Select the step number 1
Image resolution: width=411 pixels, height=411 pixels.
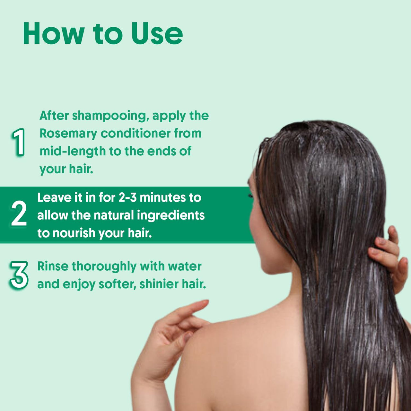pos(19,142)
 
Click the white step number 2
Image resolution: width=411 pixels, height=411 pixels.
pos(19,213)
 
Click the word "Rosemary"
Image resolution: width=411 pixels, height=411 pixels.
pos(68,134)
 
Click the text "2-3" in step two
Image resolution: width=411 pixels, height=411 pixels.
pos(127,197)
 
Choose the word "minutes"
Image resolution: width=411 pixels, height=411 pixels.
pos(162,197)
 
